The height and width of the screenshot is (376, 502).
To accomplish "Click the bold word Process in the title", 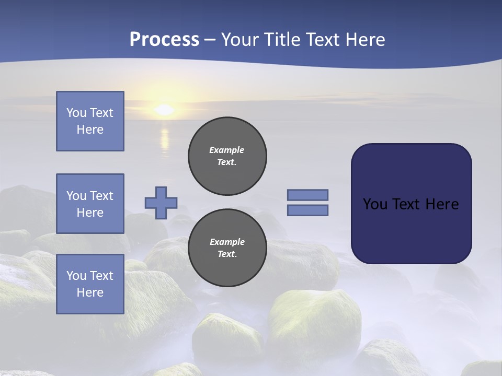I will (x=164, y=40).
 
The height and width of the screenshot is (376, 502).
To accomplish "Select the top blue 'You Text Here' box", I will (x=90, y=121).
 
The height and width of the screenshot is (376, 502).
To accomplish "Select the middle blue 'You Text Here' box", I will (x=90, y=204).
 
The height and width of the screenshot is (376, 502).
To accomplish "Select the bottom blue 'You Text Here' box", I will (x=90, y=284).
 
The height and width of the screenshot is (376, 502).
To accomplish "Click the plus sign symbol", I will (x=161, y=203).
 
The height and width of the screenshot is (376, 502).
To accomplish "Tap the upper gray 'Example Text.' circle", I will (x=227, y=156).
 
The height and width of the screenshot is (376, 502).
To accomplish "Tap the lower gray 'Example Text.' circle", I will (x=227, y=248).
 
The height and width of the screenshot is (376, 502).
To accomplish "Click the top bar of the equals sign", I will (x=307, y=195).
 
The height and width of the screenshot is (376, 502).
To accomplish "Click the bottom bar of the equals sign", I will (x=307, y=210).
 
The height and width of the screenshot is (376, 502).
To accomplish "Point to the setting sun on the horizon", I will (x=164, y=110).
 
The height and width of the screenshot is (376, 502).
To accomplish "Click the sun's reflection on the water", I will (x=165, y=139).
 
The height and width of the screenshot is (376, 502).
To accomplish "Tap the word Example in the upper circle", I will (x=226, y=150).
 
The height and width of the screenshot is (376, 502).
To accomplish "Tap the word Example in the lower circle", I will (x=227, y=242).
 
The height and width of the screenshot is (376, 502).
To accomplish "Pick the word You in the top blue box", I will (x=76, y=113).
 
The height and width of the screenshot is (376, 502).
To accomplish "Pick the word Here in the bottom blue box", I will (x=90, y=292).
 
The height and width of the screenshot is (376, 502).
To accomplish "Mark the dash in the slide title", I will (x=210, y=40).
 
